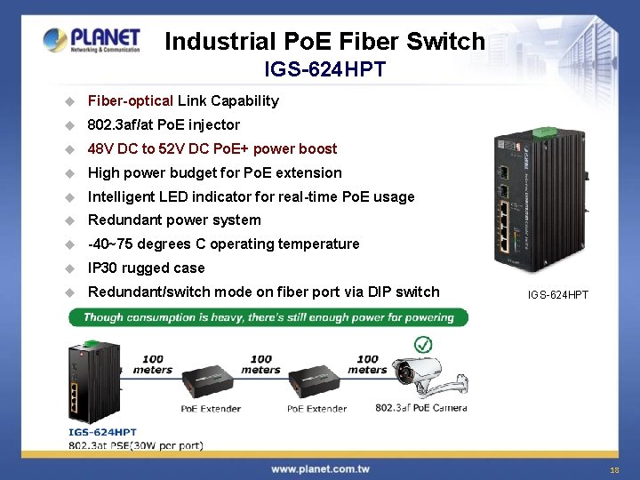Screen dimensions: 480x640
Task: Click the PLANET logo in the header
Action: coord(92,40)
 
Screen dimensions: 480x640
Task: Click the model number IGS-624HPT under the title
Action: coord(325,69)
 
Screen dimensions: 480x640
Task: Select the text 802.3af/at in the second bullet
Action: coord(119,125)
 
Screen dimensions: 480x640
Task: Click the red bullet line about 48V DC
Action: coord(212,149)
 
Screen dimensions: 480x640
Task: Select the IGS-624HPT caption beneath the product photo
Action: coord(558,294)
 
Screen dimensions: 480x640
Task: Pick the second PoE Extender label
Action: coord(316,409)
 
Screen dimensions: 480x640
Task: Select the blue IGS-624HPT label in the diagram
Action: coord(103,432)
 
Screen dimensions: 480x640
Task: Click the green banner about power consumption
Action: coord(268,317)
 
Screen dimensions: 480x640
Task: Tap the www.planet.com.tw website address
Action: coord(320,468)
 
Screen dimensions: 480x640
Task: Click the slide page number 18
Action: coord(614,469)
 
